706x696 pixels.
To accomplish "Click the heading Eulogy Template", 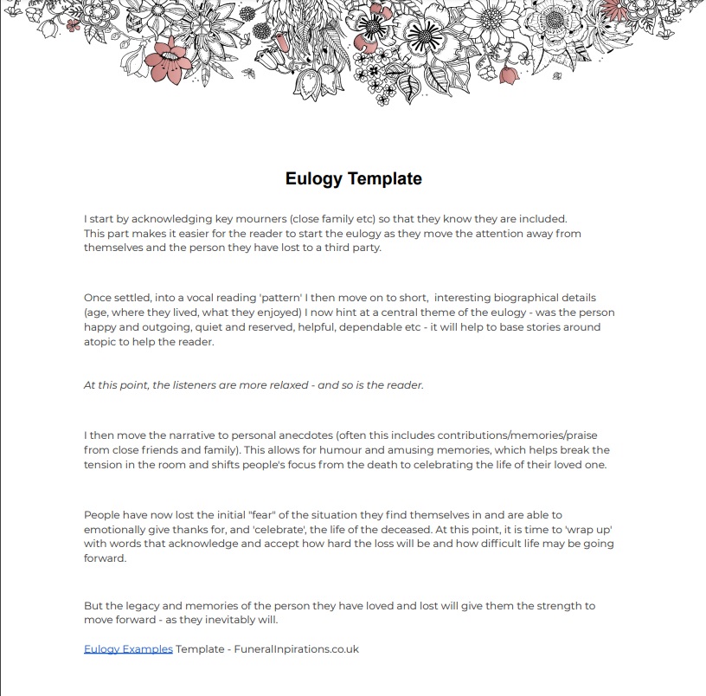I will pos(353,179).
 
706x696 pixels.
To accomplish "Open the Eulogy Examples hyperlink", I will pos(128,648).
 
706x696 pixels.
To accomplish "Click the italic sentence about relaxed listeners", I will pos(254,385).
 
